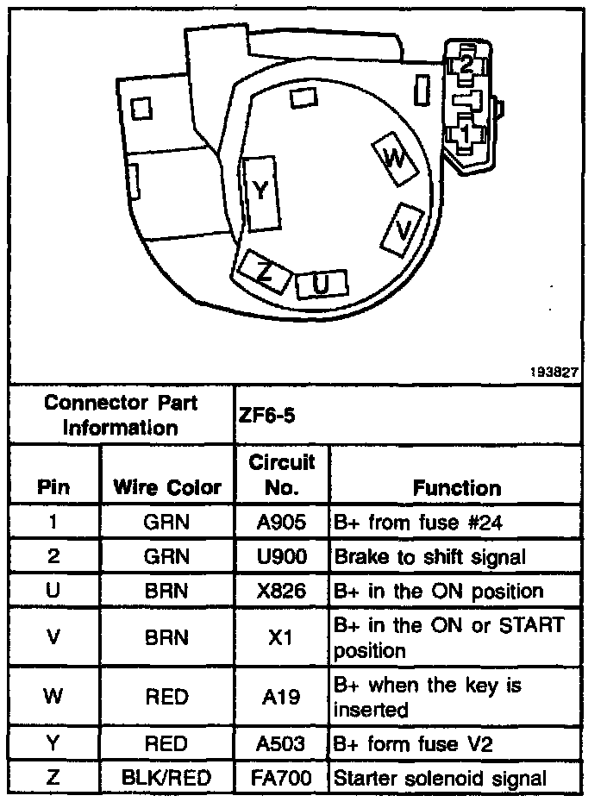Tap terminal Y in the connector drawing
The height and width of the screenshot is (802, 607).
point(261,192)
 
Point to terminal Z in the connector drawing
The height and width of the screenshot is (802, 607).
point(265,272)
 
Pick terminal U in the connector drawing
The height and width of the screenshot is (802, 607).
point(321,285)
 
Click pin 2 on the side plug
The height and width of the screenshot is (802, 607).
point(466,65)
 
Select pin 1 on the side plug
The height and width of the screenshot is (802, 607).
point(465,133)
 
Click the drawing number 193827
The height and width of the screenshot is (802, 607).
point(554,373)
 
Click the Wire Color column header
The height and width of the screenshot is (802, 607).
point(167,488)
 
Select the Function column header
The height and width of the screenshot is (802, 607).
point(456,488)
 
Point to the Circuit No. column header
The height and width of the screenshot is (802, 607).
point(281,475)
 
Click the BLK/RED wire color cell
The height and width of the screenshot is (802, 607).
point(167,778)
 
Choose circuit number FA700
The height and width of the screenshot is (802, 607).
point(281,778)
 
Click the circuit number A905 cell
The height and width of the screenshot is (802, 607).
point(281,523)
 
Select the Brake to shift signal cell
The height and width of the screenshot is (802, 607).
point(429,557)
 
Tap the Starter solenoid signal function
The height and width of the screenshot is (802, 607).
point(440,778)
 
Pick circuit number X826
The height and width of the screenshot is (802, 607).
point(281,592)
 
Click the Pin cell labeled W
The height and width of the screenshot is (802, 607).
point(53,697)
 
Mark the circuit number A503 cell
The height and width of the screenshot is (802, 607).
point(281,743)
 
